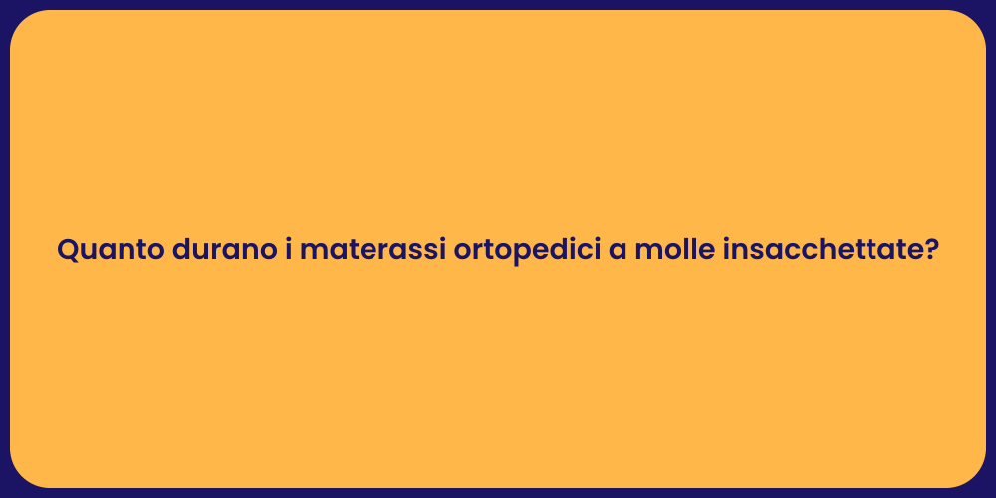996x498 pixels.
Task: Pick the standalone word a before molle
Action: pos(618,252)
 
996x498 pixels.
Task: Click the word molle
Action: pos(674,250)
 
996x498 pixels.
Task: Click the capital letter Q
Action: pos(68,250)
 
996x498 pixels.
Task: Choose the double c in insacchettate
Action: pos(810,252)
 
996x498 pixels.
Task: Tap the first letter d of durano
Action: pos(181,250)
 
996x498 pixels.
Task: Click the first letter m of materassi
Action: pos(312,252)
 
